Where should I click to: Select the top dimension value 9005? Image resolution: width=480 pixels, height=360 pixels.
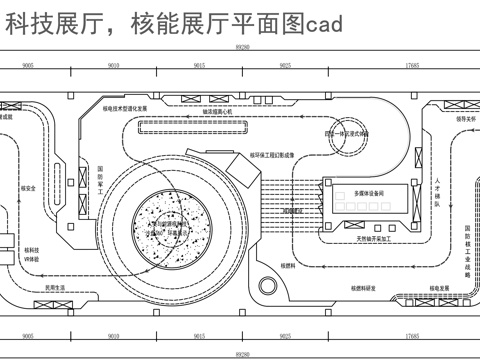(26, 64)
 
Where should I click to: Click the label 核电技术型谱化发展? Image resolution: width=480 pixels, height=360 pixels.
(126, 107)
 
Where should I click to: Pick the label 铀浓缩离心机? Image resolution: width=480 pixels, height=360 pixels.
(213, 113)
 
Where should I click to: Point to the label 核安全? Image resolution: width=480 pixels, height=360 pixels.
(28, 187)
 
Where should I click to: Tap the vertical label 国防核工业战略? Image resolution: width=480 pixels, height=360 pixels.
(467, 249)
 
